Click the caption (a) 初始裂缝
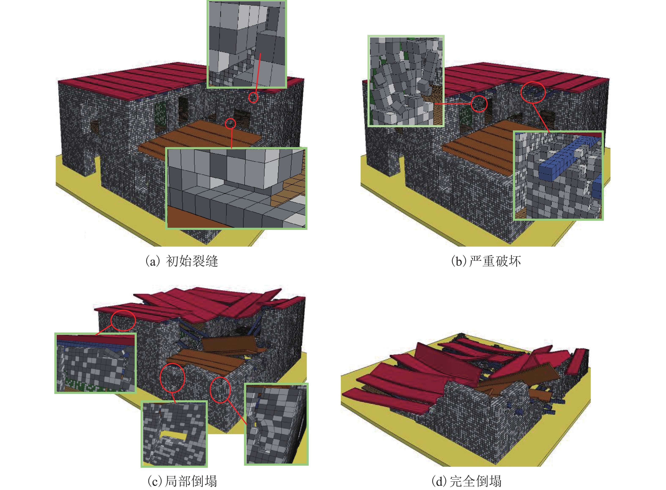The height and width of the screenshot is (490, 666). [182, 261]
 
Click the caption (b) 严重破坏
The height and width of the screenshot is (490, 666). [486, 261]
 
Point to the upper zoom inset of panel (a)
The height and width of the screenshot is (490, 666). [247, 44]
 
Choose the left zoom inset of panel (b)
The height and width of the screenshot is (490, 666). [406, 81]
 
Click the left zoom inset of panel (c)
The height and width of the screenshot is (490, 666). [95, 363]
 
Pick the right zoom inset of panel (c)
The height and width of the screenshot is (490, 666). [276, 424]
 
